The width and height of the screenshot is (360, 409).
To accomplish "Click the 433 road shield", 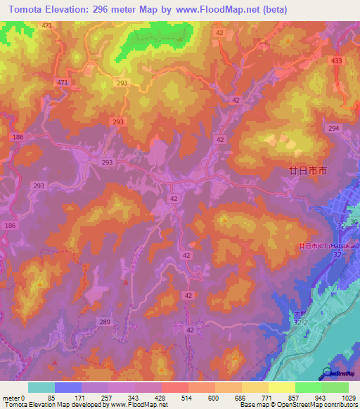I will coord(336,61).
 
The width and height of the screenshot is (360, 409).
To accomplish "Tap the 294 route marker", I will coord(333,128).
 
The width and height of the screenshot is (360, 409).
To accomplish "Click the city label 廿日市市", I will coord(308,171).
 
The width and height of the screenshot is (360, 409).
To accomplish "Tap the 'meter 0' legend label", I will coord(15,397).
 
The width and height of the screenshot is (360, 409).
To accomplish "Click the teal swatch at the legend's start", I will coord(41,387).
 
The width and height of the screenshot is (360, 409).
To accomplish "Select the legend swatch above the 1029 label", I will coord(335,387).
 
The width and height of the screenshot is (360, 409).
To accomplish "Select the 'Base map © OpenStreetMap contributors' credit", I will coord(298,405).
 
